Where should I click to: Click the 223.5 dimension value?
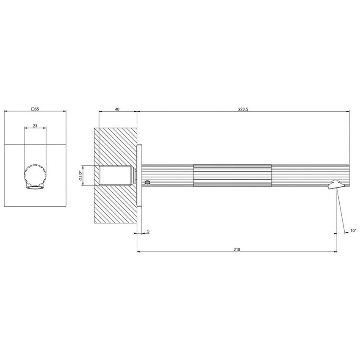243,109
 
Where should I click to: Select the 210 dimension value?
236,249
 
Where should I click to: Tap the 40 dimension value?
117,109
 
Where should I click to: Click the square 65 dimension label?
35,109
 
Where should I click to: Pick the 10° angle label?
353,231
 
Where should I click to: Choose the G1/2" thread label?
80,175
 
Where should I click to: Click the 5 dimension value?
148,231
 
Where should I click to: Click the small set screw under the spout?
147,183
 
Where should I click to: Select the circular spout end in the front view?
34,175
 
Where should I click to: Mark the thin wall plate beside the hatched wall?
139,175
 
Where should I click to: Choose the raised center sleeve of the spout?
232,175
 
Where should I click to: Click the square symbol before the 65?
33,109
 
